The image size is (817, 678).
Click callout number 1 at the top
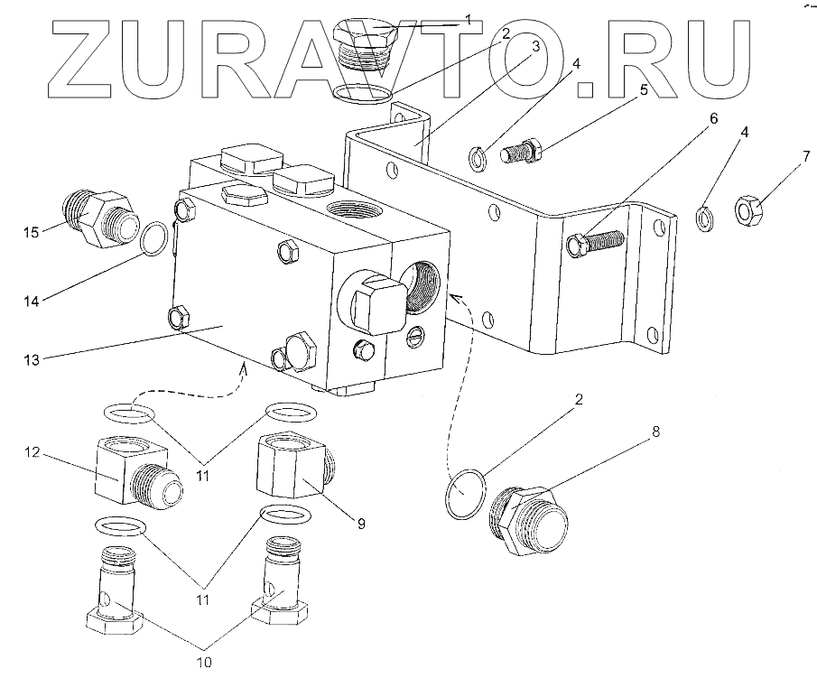click(468, 17)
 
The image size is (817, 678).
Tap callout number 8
click(656, 432)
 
